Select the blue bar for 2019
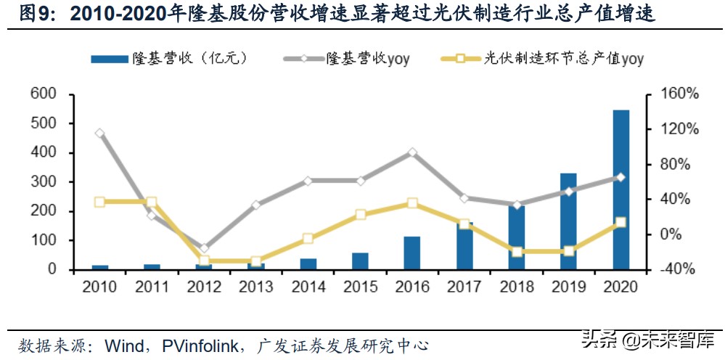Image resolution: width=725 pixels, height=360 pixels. [x=568, y=221]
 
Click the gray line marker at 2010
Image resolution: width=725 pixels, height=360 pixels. [x=99, y=133]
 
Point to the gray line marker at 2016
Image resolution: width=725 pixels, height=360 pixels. [x=412, y=152]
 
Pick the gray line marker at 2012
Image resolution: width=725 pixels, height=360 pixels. [x=204, y=248]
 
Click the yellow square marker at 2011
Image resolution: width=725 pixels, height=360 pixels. [x=152, y=202]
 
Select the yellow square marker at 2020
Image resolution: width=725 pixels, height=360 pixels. [x=620, y=223]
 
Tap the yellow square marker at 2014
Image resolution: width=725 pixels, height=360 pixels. [x=308, y=238]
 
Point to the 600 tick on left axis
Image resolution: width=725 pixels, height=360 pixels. [x=42, y=94]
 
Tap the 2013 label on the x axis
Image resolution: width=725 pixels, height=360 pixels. [x=255, y=287]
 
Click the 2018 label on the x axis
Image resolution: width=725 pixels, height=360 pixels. [x=516, y=287]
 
